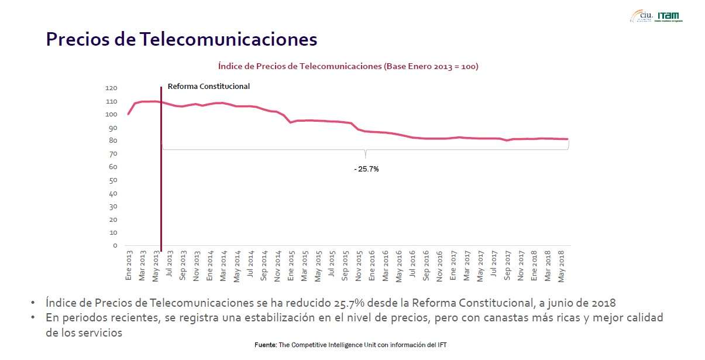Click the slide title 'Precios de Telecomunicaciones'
pyautogui.click(x=181, y=39)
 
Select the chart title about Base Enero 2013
pyautogui.click(x=348, y=66)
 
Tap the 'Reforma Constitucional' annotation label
pyautogui.click(x=209, y=87)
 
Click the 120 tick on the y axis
pyautogui.click(x=111, y=88)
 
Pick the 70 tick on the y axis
pyautogui.click(x=113, y=154)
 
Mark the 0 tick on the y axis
pyautogui.click(x=115, y=246)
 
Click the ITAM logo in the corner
pyautogui.click(x=669, y=16)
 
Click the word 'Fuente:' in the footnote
pyautogui.click(x=266, y=345)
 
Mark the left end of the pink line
pyautogui.click(x=128, y=114)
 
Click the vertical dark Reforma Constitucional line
pyautogui.click(x=161, y=176)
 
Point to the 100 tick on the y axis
pyautogui.click(x=111, y=115)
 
